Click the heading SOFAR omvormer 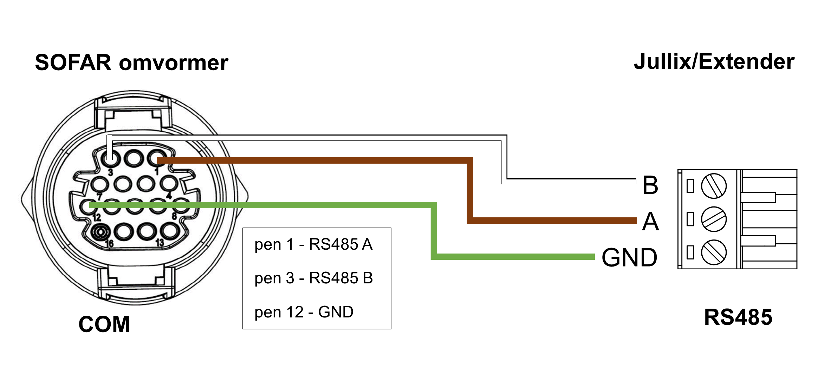pos(132,63)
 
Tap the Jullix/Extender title pos(714,62)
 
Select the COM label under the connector pos(104,324)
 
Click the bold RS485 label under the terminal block pos(738,317)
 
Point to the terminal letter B pos(650,185)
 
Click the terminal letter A pos(650,222)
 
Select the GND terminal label pos(629,258)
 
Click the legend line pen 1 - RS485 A pos(313,244)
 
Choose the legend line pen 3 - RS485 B pos(313,278)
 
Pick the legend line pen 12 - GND pos(304,312)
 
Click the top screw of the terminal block pos(714,186)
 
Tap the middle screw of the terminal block pos(714,219)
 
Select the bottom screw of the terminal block pos(714,252)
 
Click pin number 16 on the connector pos(109,243)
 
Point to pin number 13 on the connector pos(160,243)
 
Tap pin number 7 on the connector pos(99,197)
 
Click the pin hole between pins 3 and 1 pos(134,158)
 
